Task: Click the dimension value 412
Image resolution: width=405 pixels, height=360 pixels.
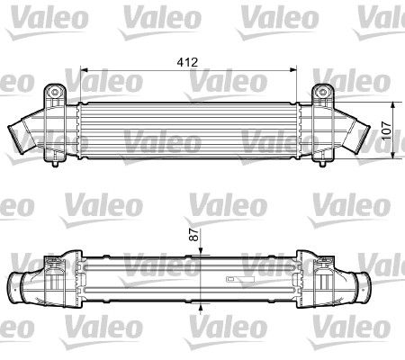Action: point(187,62)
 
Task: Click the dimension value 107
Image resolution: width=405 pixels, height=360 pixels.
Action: point(387,130)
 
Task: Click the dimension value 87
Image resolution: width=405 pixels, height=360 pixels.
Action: point(195,234)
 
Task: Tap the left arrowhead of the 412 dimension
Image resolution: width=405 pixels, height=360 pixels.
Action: point(84,70)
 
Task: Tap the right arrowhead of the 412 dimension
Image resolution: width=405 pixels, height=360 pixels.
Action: point(293,70)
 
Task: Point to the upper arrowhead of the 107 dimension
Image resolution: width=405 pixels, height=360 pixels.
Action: point(393,105)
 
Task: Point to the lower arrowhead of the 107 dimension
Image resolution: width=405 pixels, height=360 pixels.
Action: point(393,155)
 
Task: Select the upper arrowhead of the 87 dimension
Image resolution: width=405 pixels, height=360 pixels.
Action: point(201,252)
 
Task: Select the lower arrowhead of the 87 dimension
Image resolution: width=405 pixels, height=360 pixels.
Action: point(201,307)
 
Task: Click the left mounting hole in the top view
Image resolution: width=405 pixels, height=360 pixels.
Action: point(55,92)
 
